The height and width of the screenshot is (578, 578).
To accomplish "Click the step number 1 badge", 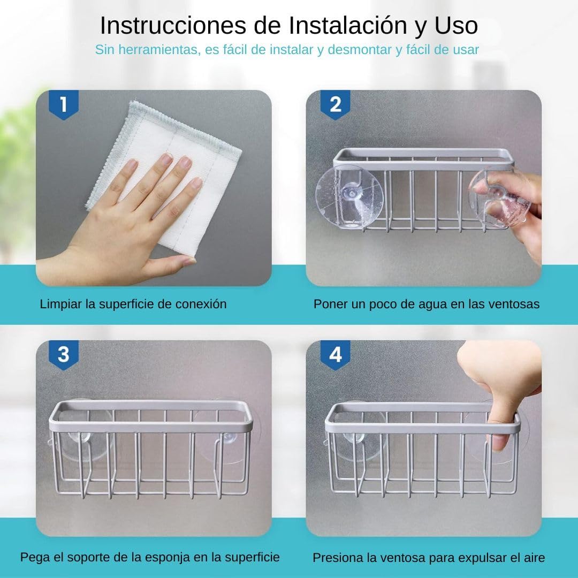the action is click(x=64, y=104).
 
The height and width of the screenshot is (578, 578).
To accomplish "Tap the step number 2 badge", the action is click(x=335, y=104).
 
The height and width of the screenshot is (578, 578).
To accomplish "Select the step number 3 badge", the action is click(x=64, y=355).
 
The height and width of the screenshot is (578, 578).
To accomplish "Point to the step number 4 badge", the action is click(x=335, y=355).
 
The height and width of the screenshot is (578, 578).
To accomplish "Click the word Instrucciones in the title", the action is click(x=173, y=26).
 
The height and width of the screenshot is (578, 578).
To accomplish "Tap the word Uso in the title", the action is click(x=457, y=26).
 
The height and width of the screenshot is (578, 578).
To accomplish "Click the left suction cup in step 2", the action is click(x=349, y=196).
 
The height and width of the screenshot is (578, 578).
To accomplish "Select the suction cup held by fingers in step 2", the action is click(x=499, y=199).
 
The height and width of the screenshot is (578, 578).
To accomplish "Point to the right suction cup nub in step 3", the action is click(x=229, y=438).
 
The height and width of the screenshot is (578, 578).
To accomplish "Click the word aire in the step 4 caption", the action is click(x=534, y=557).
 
